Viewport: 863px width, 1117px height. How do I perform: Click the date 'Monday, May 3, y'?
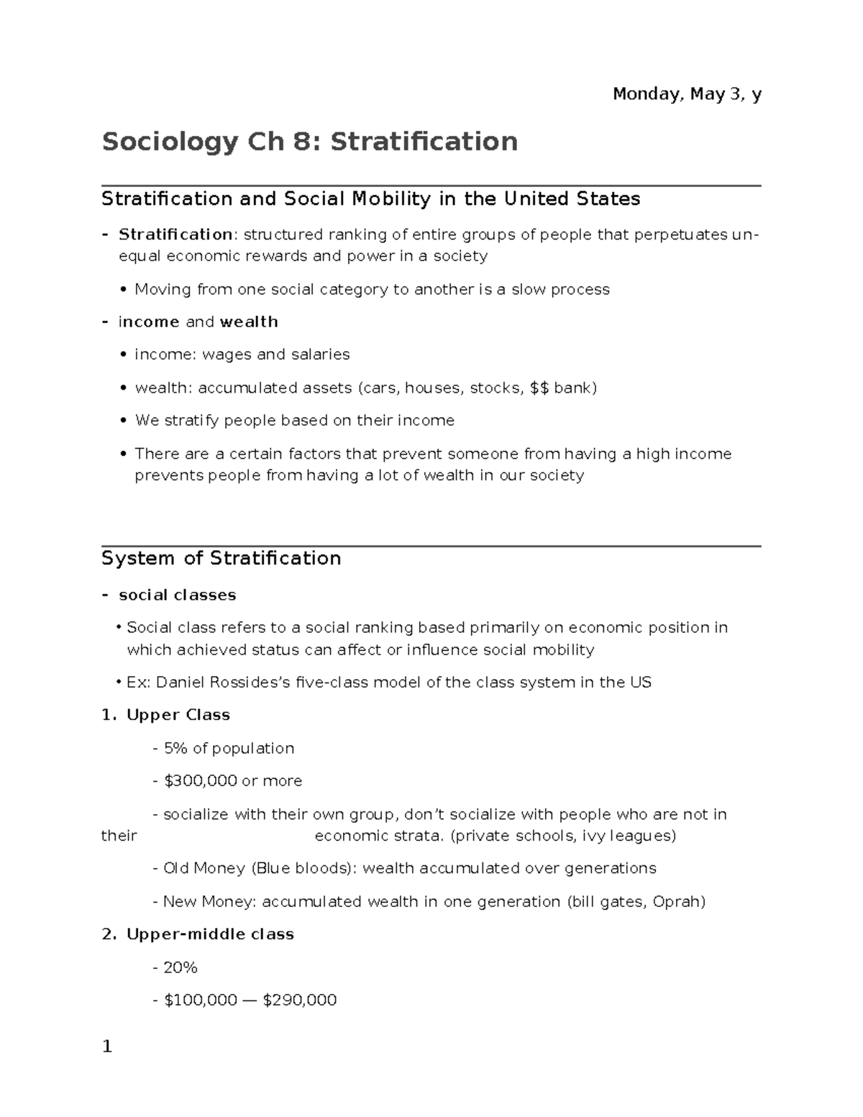coord(686,94)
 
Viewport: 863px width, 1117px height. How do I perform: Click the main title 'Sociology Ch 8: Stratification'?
coord(309,142)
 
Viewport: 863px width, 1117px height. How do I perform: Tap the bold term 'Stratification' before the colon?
coord(175,234)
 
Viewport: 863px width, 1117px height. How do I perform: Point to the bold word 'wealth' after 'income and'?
coord(248,322)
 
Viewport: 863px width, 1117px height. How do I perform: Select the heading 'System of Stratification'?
coord(221,559)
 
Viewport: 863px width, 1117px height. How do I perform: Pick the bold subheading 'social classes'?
coord(177,595)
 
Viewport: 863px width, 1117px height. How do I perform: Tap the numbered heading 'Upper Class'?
coord(178,715)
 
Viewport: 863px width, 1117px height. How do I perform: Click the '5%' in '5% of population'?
coord(175,749)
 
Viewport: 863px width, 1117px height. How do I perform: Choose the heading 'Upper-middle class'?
coord(210,934)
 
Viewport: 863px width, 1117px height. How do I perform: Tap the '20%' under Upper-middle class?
coord(180,968)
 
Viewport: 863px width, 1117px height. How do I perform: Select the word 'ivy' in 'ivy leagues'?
coord(600,836)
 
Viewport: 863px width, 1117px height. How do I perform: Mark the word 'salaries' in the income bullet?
coord(320,355)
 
